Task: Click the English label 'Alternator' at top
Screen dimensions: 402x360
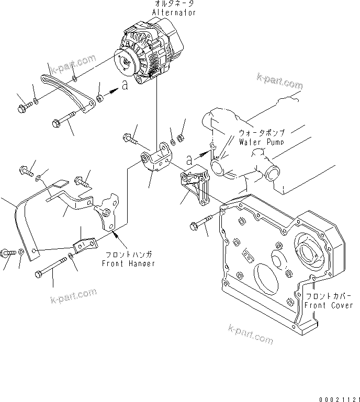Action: [174, 12]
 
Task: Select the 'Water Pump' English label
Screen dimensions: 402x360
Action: [261, 142]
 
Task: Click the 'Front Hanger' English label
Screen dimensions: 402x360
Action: [129, 263]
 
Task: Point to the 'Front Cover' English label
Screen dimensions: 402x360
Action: [329, 305]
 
